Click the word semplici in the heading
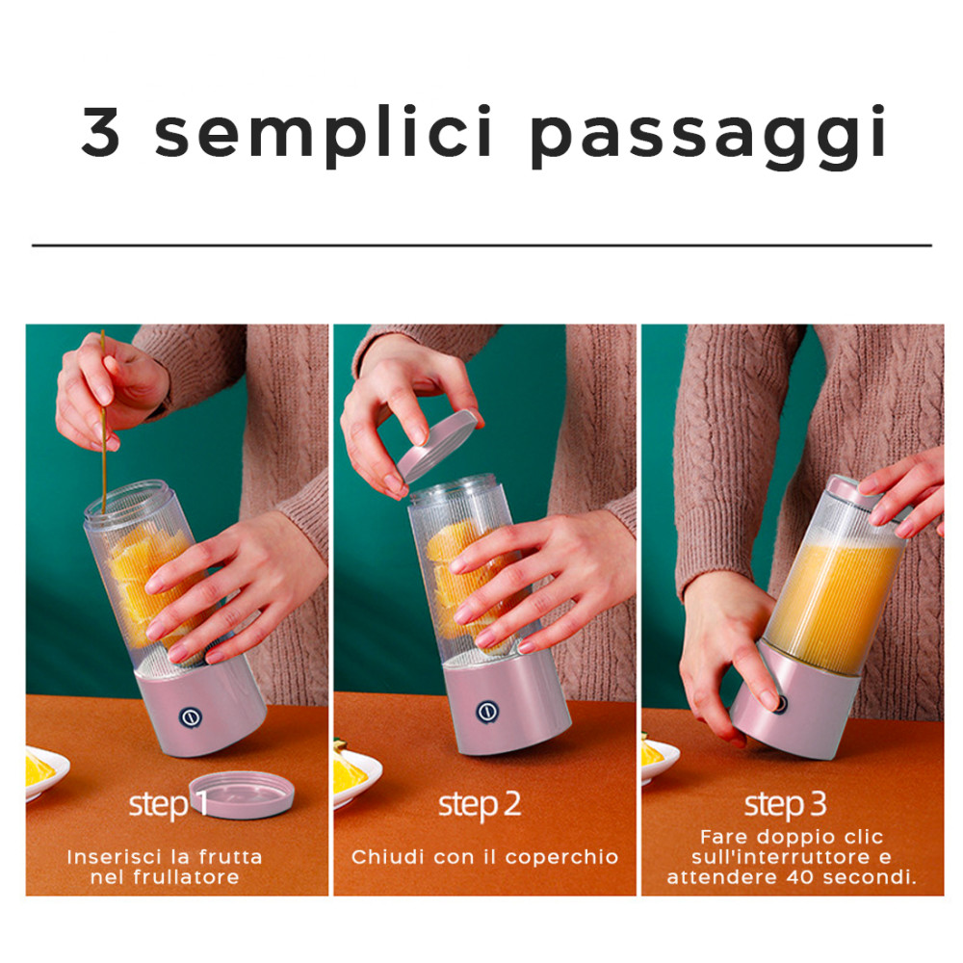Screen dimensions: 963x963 [324, 135]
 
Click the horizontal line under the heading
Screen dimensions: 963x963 [481, 245]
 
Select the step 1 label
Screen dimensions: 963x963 [168, 805]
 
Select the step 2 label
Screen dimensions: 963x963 [480, 804]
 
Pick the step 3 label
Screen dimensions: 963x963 [786, 804]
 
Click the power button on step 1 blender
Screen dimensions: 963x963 [190, 718]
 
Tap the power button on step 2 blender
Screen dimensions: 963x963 [487, 712]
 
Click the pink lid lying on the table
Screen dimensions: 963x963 [242, 794]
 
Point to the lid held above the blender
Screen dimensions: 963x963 [438, 445]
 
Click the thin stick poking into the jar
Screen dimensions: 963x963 [103, 424]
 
